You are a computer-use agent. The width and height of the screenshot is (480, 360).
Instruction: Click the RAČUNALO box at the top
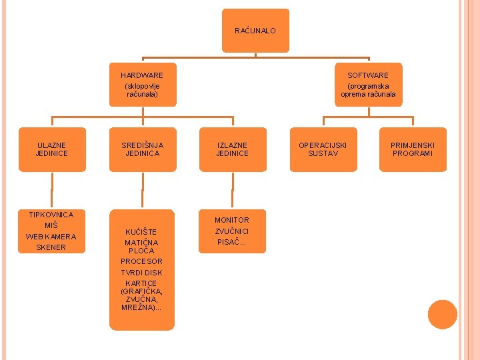coord(255,31)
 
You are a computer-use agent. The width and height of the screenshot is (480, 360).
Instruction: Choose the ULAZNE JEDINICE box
coord(52,149)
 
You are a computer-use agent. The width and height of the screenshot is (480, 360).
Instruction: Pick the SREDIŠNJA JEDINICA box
coord(142,149)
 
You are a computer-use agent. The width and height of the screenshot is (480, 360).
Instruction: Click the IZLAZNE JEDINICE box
coord(232,149)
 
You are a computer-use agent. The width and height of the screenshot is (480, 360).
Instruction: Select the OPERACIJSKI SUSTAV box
coord(323,149)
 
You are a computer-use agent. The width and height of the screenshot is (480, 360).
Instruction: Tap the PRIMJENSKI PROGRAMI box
coord(412,149)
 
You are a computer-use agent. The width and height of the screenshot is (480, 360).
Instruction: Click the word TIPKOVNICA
coord(51,215)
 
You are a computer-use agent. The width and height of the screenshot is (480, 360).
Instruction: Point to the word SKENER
coord(51,247)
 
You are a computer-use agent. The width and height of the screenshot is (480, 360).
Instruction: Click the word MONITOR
coord(232,220)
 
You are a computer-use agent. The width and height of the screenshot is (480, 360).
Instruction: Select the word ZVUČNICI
coord(232,231)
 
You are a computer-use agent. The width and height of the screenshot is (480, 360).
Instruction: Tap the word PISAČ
coord(232,242)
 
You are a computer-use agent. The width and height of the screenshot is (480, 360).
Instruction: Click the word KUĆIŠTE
coord(141,232)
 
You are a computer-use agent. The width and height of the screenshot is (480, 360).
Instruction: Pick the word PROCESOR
coord(141,261)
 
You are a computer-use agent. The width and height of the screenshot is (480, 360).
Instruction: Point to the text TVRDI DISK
coord(141,273)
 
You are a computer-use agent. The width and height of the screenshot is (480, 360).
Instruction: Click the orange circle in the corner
coord(443,314)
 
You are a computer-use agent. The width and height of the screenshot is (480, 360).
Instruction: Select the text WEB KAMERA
coord(51,237)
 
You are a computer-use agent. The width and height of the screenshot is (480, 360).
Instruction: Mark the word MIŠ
coord(51,225)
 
